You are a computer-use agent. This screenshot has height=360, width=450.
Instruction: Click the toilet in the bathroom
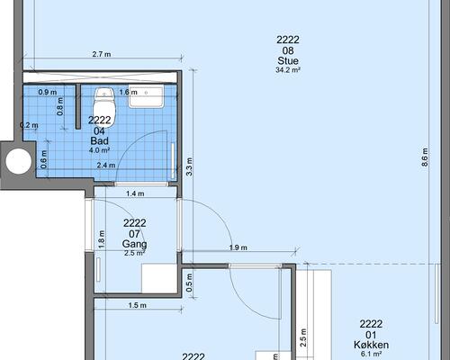click(x=104, y=107)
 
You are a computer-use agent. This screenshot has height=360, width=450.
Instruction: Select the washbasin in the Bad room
click(x=147, y=96)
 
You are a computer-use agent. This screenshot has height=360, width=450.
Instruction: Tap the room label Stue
click(x=288, y=61)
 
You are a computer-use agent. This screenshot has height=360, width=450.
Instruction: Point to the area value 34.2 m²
click(x=288, y=70)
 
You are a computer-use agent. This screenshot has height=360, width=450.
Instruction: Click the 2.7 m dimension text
click(x=102, y=54)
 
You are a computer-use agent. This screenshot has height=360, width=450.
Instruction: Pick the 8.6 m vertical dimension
click(x=425, y=157)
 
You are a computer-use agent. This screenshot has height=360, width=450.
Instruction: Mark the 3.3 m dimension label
click(x=189, y=166)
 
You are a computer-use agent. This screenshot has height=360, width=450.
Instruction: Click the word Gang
click(x=134, y=244)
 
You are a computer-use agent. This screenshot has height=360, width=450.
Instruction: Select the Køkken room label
click(x=371, y=345)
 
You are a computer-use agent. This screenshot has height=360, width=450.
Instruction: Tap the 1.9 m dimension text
click(x=238, y=247)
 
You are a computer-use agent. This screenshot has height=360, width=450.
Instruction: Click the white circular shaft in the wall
click(x=18, y=161)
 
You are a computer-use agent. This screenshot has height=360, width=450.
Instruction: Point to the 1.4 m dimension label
click(x=135, y=193)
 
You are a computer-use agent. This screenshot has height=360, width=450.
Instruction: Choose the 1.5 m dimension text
click(x=138, y=305)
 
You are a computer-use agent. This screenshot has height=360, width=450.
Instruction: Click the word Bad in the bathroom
click(x=100, y=140)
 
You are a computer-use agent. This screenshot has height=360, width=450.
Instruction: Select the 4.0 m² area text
click(x=99, y=150)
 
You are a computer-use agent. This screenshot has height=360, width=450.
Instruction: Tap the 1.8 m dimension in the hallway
click(x=102, y=239)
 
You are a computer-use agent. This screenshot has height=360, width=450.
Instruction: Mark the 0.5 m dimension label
click(x=189, y=283)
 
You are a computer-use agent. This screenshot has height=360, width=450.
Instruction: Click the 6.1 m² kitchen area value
click(x=371, y=354)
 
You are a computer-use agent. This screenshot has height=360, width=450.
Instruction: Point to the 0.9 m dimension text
click(x=48, y=92)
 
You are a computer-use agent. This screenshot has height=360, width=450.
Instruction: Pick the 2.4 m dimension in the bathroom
click(x=106, y=165)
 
